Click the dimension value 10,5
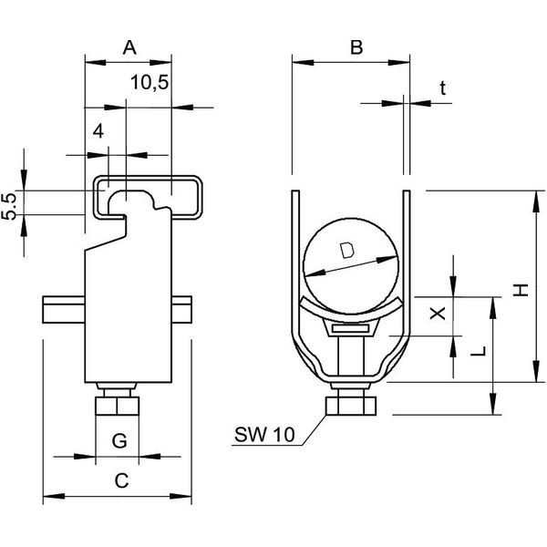(149, 84)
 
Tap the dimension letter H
(518, 290)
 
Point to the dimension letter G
(118, 442)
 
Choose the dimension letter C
(119, 480)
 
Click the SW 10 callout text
(265, 436)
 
